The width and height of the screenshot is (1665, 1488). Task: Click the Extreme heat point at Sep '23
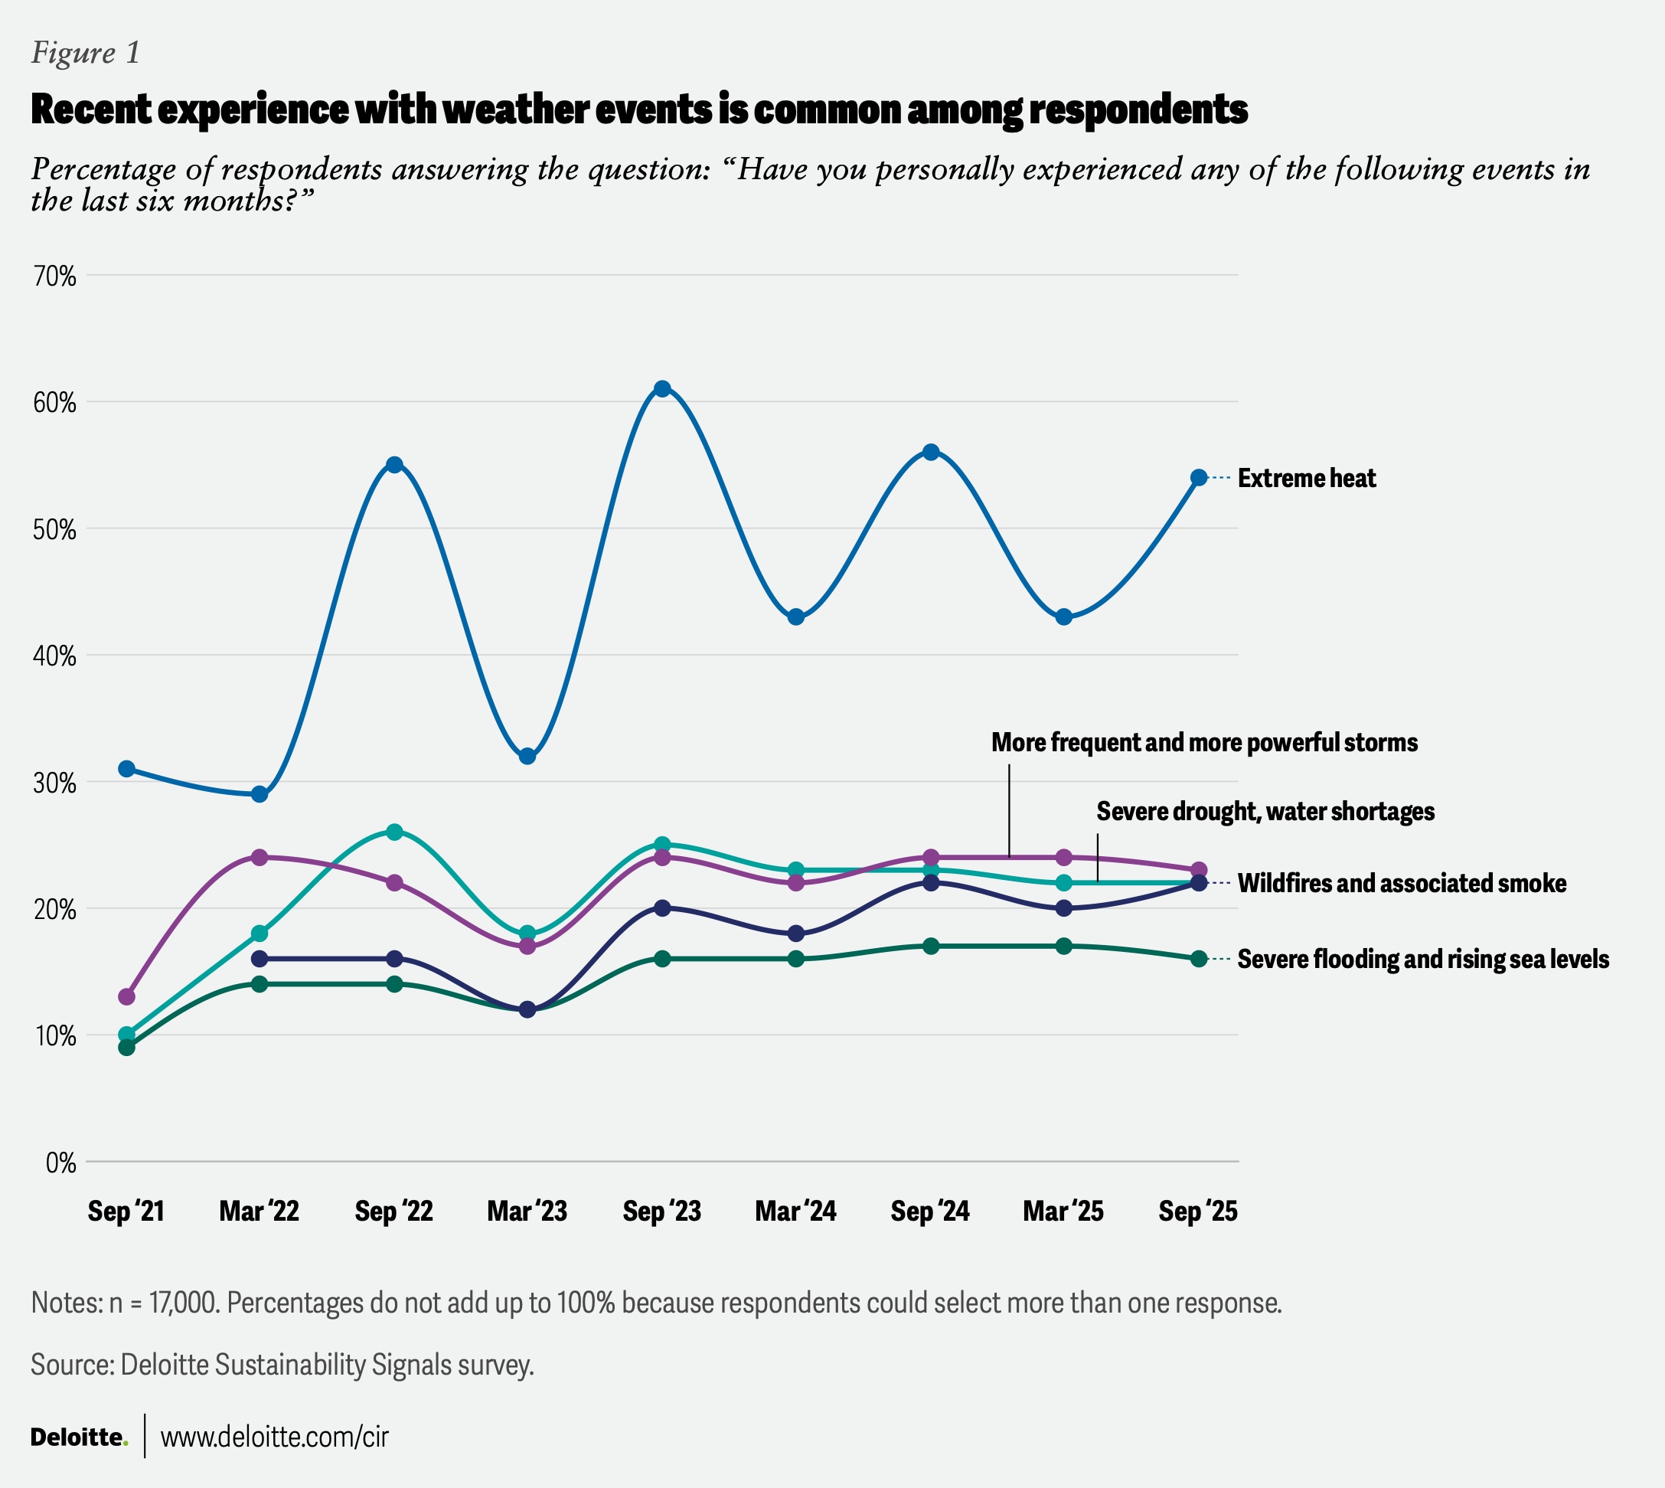click(662, 388)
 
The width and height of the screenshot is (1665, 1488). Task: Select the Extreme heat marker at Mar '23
click(527, 757)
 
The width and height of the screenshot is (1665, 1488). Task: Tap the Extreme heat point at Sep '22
click(394, 464)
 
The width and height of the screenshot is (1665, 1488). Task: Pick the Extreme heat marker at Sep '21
click(127, 769)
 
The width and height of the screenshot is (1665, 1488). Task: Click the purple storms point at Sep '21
click(127, 996)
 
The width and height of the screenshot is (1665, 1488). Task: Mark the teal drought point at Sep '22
click(394, 832)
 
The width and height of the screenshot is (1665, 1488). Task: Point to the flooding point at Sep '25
click(1198, 959)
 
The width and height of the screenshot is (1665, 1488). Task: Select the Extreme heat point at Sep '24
click(930, 452)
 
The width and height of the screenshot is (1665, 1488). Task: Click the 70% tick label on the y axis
click(55, 276)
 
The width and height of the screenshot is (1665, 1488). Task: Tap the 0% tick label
click(60, 1163)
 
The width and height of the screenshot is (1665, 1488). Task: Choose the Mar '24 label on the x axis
click(795, 1211)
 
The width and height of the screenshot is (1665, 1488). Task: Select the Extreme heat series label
click(1306, 479)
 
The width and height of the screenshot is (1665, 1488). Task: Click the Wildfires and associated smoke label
click(1401, 883)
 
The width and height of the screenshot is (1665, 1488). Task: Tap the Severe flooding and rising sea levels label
click(1422, 959)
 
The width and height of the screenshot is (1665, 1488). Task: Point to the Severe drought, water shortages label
click(1265, 811)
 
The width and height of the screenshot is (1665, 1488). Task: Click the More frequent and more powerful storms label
click(1204, 742)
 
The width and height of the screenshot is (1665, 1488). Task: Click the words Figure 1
click(86, 53)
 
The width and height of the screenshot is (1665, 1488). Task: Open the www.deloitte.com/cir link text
click(274, 1437)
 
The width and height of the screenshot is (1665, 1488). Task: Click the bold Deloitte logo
click(79, 1437)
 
